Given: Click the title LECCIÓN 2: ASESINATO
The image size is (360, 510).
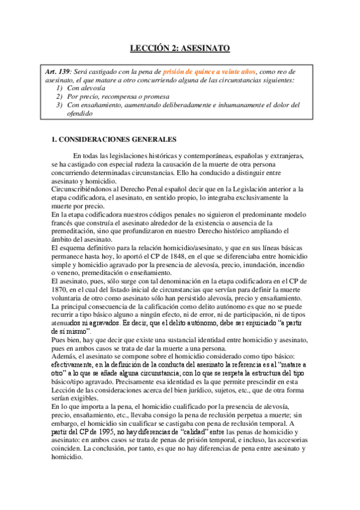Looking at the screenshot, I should point(180,48).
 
